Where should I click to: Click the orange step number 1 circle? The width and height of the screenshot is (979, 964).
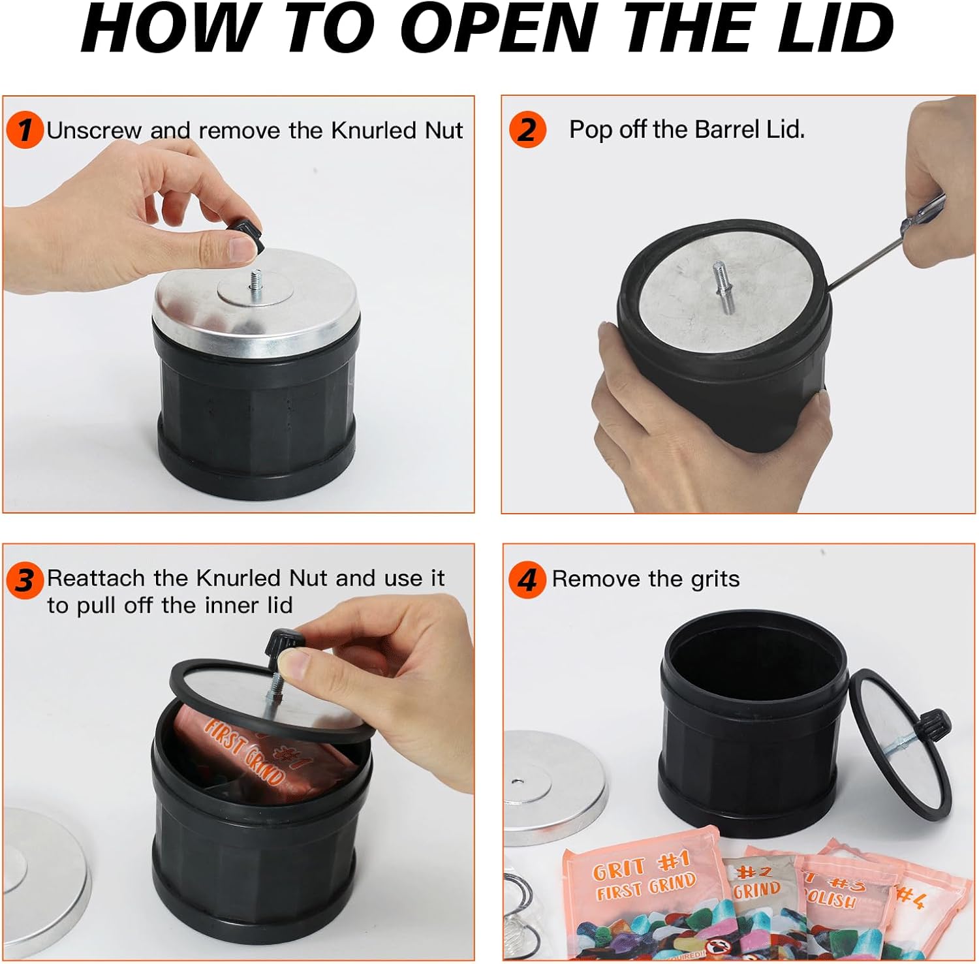point(25,129)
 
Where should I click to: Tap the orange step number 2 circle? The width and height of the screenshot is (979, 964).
point(527,129)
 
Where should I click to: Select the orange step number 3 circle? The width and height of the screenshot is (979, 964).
point(25,580)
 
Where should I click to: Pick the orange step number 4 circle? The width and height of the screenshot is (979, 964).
point(527,580)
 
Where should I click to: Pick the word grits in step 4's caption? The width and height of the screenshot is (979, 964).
point(715,580)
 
